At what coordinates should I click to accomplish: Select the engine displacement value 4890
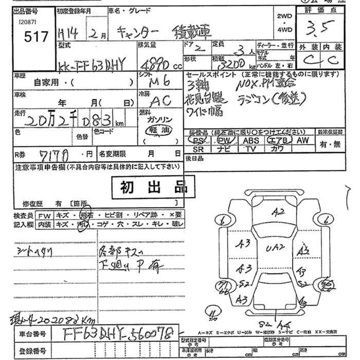tap(155, 66)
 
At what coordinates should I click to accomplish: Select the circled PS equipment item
tap(197, 139)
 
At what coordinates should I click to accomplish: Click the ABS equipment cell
tap(250, 139)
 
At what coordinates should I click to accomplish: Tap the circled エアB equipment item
tap(278, 139)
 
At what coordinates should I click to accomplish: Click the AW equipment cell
tap(303, 139)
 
